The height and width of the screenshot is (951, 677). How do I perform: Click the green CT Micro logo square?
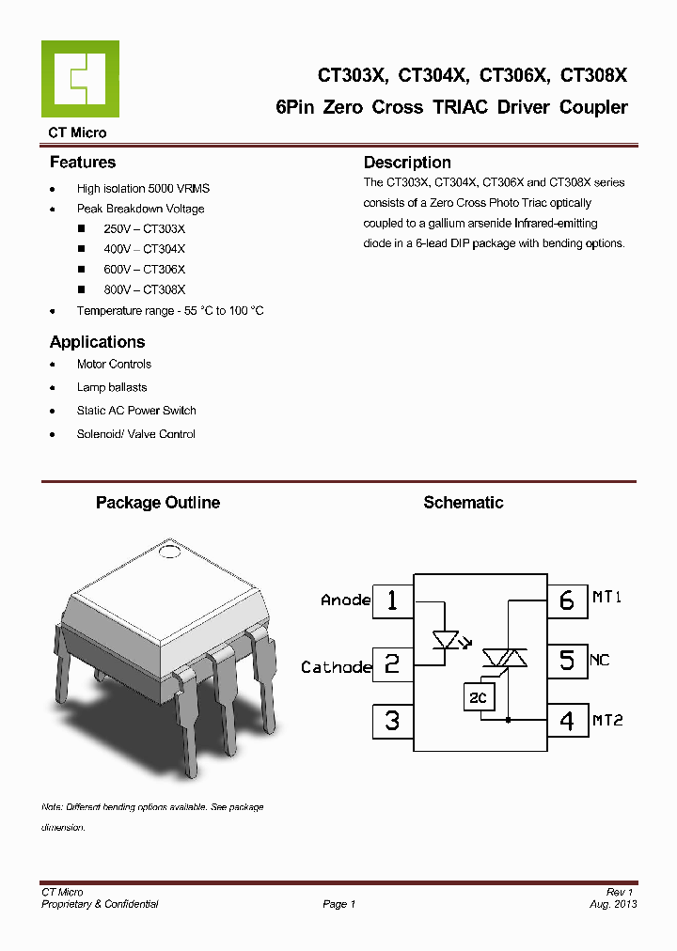coord(80,79)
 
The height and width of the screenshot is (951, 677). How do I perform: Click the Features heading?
coord(83,163)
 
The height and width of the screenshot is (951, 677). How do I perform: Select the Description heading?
coord(407,163)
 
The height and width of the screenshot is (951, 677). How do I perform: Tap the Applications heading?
coord(97,342)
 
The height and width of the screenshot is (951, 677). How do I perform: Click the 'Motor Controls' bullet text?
coord(114,365)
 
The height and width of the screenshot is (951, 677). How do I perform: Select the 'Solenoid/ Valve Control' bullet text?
coord(136,434)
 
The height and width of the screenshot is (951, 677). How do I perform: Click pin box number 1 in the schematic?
coord(392,600)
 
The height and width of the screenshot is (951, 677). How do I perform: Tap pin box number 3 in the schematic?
coord(392,721)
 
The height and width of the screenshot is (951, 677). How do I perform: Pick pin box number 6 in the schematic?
coord(567,600)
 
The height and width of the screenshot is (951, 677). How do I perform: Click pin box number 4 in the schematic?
coord(567,721)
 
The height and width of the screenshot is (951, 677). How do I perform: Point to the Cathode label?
coord(336,667)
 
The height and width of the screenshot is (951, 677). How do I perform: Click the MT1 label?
coord(607,598)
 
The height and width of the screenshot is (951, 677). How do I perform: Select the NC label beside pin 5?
coord(600,660)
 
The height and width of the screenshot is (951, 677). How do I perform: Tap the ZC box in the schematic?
coord(478,696)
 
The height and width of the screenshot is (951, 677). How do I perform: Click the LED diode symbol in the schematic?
coord(445,641)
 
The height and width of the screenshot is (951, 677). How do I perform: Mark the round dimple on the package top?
coord(170,551)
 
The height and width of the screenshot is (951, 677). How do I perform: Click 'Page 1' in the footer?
coord(338,904)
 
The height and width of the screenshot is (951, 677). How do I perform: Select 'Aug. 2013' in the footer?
coord(615,904)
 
